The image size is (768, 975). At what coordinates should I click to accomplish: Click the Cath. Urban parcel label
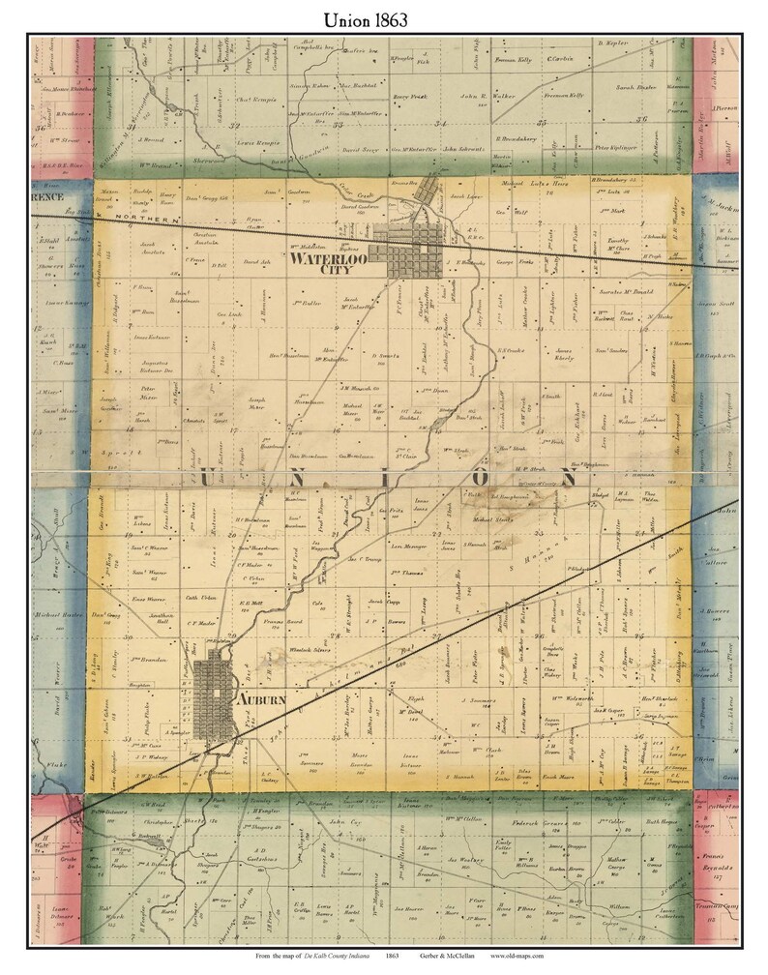tap(197, 598)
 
